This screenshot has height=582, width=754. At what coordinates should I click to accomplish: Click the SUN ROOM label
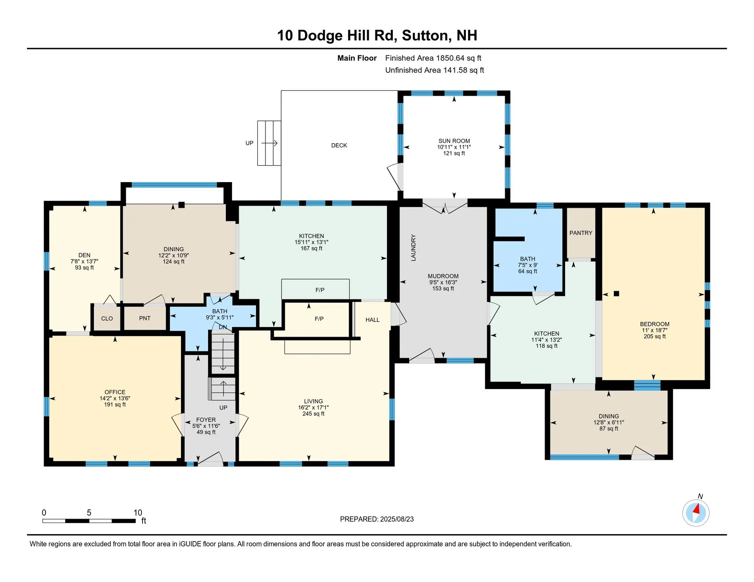click(454, 141)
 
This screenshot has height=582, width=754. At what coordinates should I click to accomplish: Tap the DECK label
click(339, 146)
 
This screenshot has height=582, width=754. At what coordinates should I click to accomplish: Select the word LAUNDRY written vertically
click(413, 248)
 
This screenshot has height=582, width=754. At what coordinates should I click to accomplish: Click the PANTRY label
click(580, 233)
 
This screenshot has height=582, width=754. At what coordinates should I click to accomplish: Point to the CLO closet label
click(107, 319)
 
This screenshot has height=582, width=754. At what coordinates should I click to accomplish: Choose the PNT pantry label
click(145, 318)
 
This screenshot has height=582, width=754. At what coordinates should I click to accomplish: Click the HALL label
click(372, 320)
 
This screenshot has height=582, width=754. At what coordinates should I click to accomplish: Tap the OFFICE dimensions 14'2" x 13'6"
click(115, 398)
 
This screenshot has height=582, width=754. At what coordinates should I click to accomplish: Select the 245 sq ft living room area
click(313, 414)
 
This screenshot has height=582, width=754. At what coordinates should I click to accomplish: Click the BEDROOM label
click(654, 324)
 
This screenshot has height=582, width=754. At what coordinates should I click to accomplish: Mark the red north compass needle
click(697, 509)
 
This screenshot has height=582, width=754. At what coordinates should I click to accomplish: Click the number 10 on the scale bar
click(137, 513)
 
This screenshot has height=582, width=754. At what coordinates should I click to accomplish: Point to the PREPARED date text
click(377, 519)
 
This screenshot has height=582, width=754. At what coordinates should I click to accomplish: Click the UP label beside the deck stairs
click(249, 143)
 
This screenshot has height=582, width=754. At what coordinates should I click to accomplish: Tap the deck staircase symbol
click(269, 143)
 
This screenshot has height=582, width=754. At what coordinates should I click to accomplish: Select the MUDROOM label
click(443, 276)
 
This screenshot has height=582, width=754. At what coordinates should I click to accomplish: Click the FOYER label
click(206, 420)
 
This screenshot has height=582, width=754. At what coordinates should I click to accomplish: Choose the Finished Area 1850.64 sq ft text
click(433, 58)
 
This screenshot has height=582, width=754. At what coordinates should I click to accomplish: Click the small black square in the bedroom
click(616, 294)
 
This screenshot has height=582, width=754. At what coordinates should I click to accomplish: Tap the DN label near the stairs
click(223, 327)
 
